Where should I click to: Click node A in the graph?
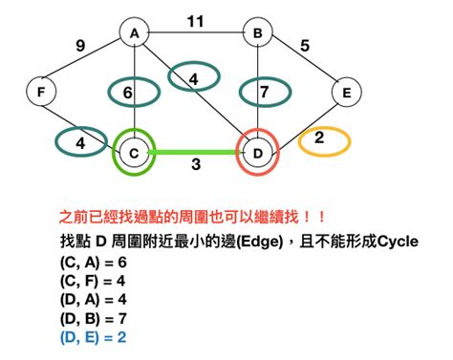[x=135, y=32]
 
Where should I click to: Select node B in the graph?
[x=257, y=32]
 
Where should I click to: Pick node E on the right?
[x=345, y=92]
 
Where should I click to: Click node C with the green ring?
[x=135, y=152]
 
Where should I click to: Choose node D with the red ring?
[x=257, y=152]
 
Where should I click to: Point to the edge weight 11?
[x=196, y=18]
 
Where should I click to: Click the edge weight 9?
[x=79, y=43]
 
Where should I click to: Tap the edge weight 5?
[x=305, y=43]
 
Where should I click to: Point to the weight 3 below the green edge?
[x=195, y=166]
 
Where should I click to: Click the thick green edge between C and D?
[x=196, y=151]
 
